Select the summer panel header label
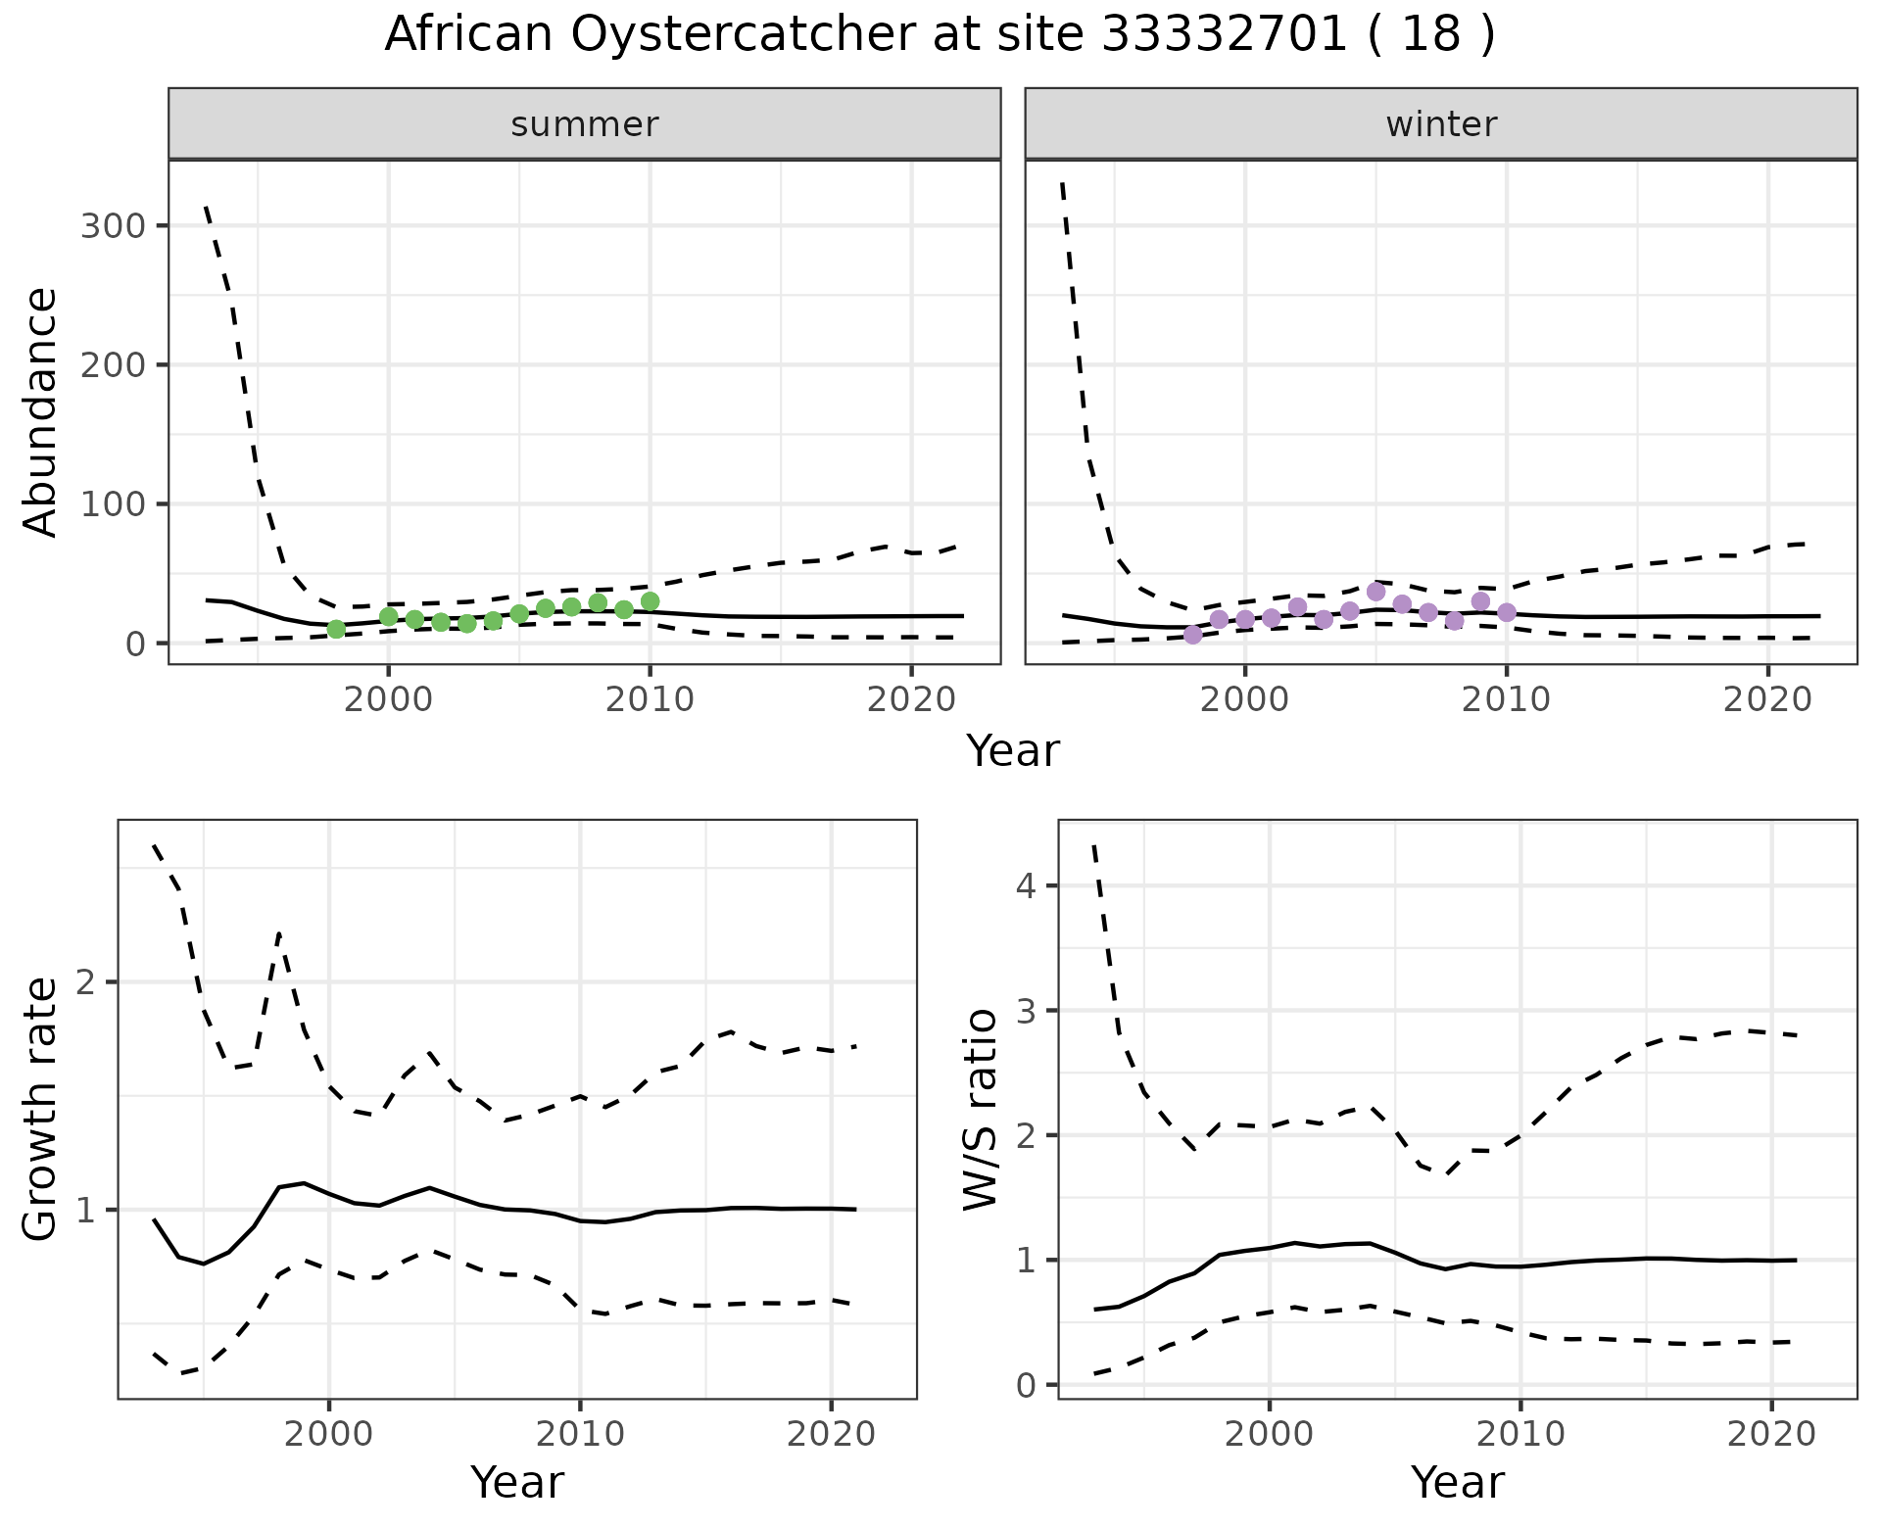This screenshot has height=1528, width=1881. point(585,124)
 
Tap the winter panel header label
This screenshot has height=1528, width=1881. point(1441,124)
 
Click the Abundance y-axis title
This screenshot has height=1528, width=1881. point(40,412)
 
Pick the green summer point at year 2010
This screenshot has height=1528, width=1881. point(650,601)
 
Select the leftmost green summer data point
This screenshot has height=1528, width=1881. point(336,629)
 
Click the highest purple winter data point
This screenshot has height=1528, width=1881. point(1375,592)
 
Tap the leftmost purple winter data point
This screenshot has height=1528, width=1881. point(1192,635)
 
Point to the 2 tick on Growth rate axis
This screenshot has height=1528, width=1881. point(88,983)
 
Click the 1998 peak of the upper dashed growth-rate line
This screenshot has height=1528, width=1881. point(279,932)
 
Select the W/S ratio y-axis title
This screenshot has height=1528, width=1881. point(981,1109)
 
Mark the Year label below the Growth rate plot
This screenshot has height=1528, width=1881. point(517,1483)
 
